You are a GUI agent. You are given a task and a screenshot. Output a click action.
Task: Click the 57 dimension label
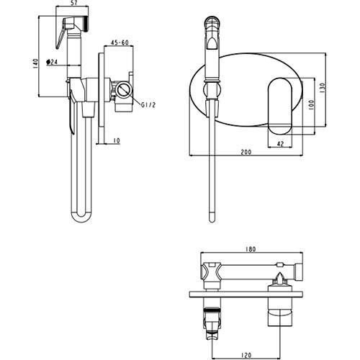[73, 3]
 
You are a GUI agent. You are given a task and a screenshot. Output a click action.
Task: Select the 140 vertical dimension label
[35, 63]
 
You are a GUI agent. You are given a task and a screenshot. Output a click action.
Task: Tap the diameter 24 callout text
[52, 62]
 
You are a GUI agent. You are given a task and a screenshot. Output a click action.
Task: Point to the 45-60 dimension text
[120, 42]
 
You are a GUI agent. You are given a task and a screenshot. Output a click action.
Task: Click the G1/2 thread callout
[148, 105]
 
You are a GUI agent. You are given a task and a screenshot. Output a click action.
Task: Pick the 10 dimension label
[117, 140]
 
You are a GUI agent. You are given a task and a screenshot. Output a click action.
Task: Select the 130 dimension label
[322, 89]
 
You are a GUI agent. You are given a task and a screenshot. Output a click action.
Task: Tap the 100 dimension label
[311, 105]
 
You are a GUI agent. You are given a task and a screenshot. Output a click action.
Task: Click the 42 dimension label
[280, 143]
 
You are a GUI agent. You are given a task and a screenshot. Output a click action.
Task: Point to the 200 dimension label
[246, 152]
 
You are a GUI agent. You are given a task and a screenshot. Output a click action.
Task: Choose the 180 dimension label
[251, 249]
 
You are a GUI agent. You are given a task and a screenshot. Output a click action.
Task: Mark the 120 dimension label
[246, 355]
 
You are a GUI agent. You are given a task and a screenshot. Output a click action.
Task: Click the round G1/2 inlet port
[124, 90]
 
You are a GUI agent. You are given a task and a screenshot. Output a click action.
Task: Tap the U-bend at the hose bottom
[81, 217]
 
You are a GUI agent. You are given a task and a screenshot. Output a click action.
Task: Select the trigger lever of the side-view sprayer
[60, 34]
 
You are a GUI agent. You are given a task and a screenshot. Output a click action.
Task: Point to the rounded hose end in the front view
[212, 217]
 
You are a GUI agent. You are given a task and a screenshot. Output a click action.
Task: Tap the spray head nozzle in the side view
[86, 23]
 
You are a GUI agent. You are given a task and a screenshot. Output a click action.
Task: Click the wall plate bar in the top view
[246, 294]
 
